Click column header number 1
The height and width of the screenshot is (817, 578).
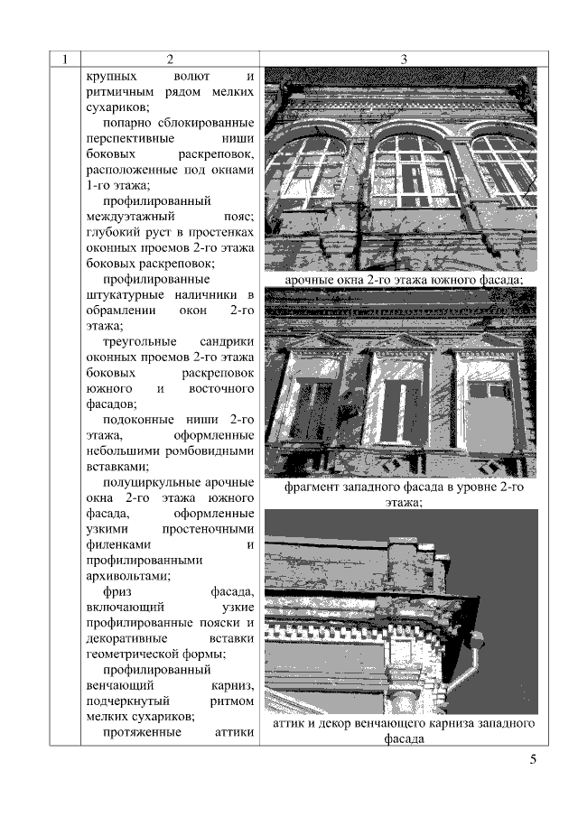click(64, 60)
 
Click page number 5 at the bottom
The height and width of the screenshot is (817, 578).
click(533, 759)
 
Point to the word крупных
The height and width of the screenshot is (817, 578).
click(113, 77)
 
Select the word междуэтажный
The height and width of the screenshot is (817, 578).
click(129, 217)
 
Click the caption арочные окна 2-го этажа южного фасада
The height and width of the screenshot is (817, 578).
click(404, 281)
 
